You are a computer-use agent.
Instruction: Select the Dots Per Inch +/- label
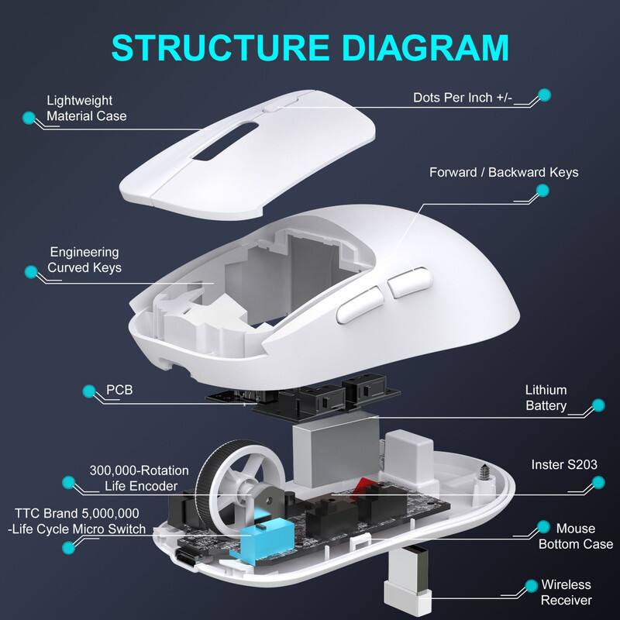(462, 98)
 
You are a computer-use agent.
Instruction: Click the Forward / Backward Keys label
(504, 172)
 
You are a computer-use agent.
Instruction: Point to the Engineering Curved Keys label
(85, 260)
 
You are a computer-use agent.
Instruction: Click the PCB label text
(119, 389)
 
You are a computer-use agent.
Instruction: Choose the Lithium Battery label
(546, 398)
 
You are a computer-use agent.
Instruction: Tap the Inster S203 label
(564, 465)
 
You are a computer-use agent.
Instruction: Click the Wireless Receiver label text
(566, 592)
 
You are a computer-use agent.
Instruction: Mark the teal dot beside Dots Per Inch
(544, 95)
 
